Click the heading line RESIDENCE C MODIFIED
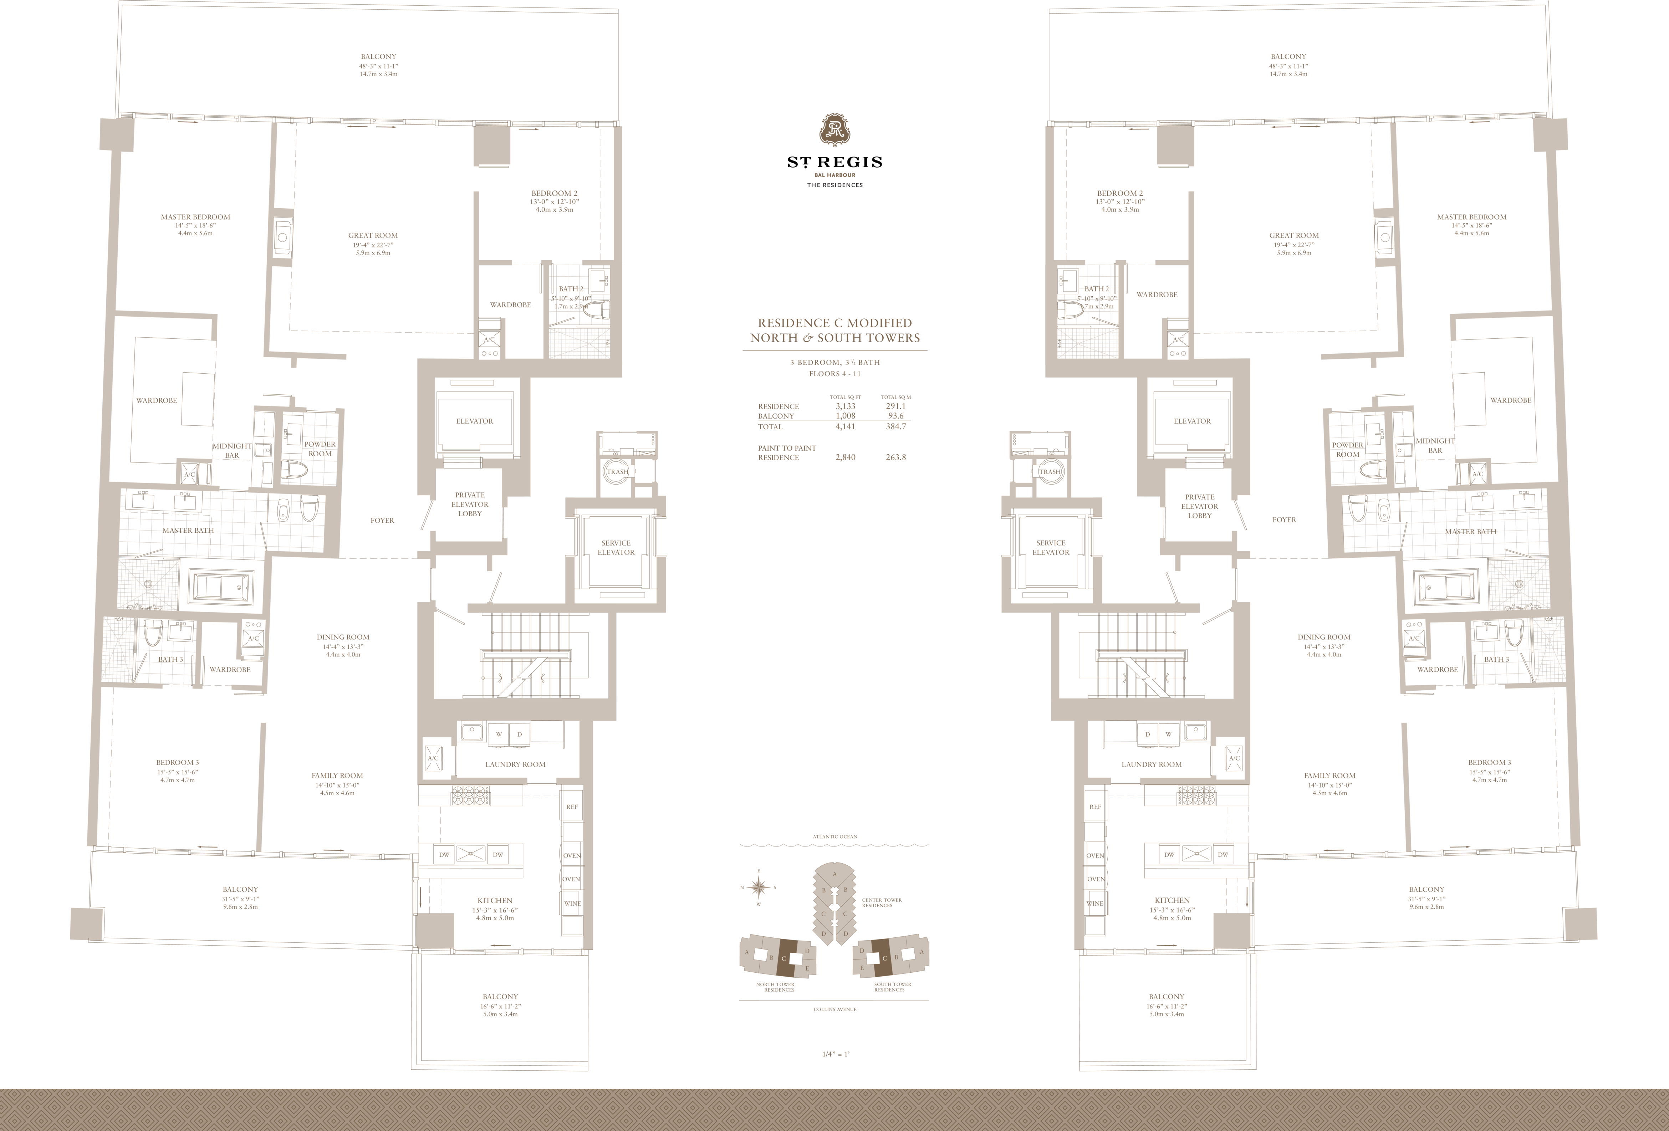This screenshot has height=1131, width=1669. click(834, 323)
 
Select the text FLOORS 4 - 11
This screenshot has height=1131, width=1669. click(834, 373)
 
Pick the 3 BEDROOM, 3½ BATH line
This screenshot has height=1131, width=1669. click(834, 363)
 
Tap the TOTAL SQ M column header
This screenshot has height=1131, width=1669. click(895, 397)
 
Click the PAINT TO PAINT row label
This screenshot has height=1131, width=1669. click(787, 452)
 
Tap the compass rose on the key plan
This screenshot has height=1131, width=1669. click(759, 887)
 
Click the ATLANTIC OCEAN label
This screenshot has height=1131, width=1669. click(834, 836)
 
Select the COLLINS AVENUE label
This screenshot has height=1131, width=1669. click(834, 1010)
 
